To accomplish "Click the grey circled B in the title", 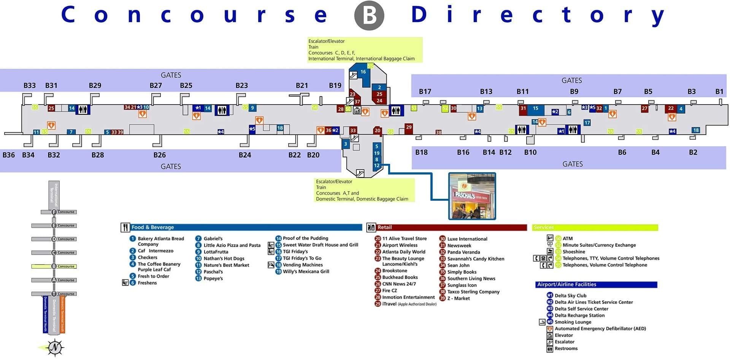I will coord(369,16).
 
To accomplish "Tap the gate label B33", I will coord(30,86).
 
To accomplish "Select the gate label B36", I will coord(9,155).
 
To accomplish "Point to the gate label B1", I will coord(719,92).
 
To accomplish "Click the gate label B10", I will coord(530,152).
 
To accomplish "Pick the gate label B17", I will coord(425,92).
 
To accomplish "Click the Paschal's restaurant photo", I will coord(472,196).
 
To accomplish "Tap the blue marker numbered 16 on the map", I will coord(363,72).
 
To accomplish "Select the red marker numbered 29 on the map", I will coord(409,127).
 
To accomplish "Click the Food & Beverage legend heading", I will coord(152,227).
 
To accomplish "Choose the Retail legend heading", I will coord(384,227).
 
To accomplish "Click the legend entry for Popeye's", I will coord(213,279).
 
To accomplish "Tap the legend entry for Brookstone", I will coord(394,271).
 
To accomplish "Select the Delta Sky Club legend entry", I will coord(570,296).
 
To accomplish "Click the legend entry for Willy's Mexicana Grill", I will coord(306,271).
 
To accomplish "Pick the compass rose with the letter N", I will coord(55,347).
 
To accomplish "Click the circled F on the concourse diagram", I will coord(54,212).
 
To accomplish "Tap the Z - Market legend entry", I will coord(458,298).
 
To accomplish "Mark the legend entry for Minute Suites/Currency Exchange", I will coord(599,245).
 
